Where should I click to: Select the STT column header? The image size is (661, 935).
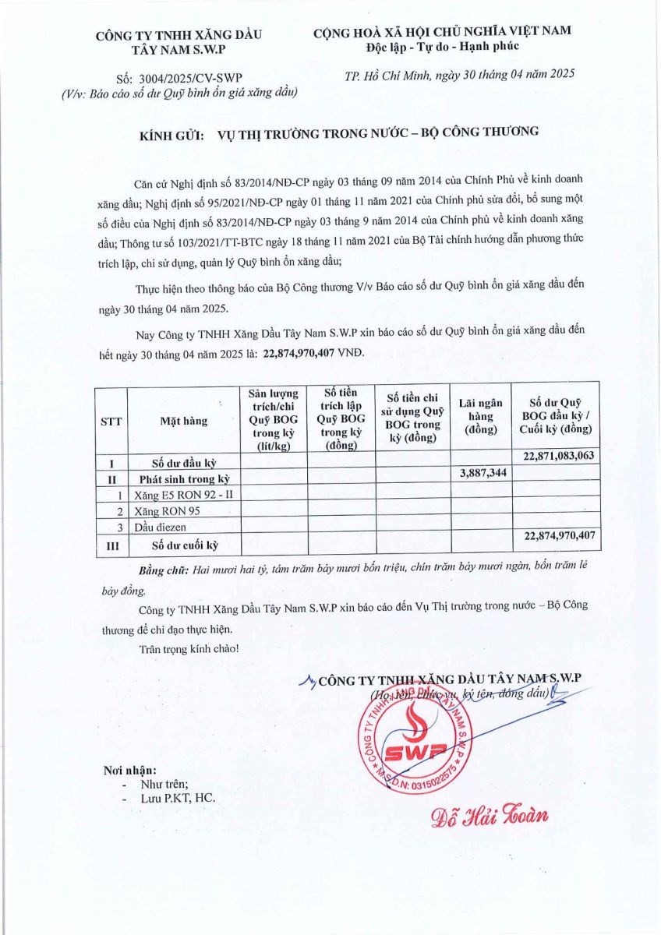click(x=111, y=421)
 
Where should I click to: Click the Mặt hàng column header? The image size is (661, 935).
click(x=184, y=421)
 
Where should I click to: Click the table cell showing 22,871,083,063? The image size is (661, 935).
click(x=555, y=456)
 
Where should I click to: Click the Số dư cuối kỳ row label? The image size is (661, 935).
click(x=184, y=545)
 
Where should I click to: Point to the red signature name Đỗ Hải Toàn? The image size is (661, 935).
click(x=490, y=815)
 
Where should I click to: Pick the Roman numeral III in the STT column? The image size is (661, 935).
click(x=111, y=546)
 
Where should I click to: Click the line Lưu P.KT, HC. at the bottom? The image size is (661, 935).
click(x=177, y=799)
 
